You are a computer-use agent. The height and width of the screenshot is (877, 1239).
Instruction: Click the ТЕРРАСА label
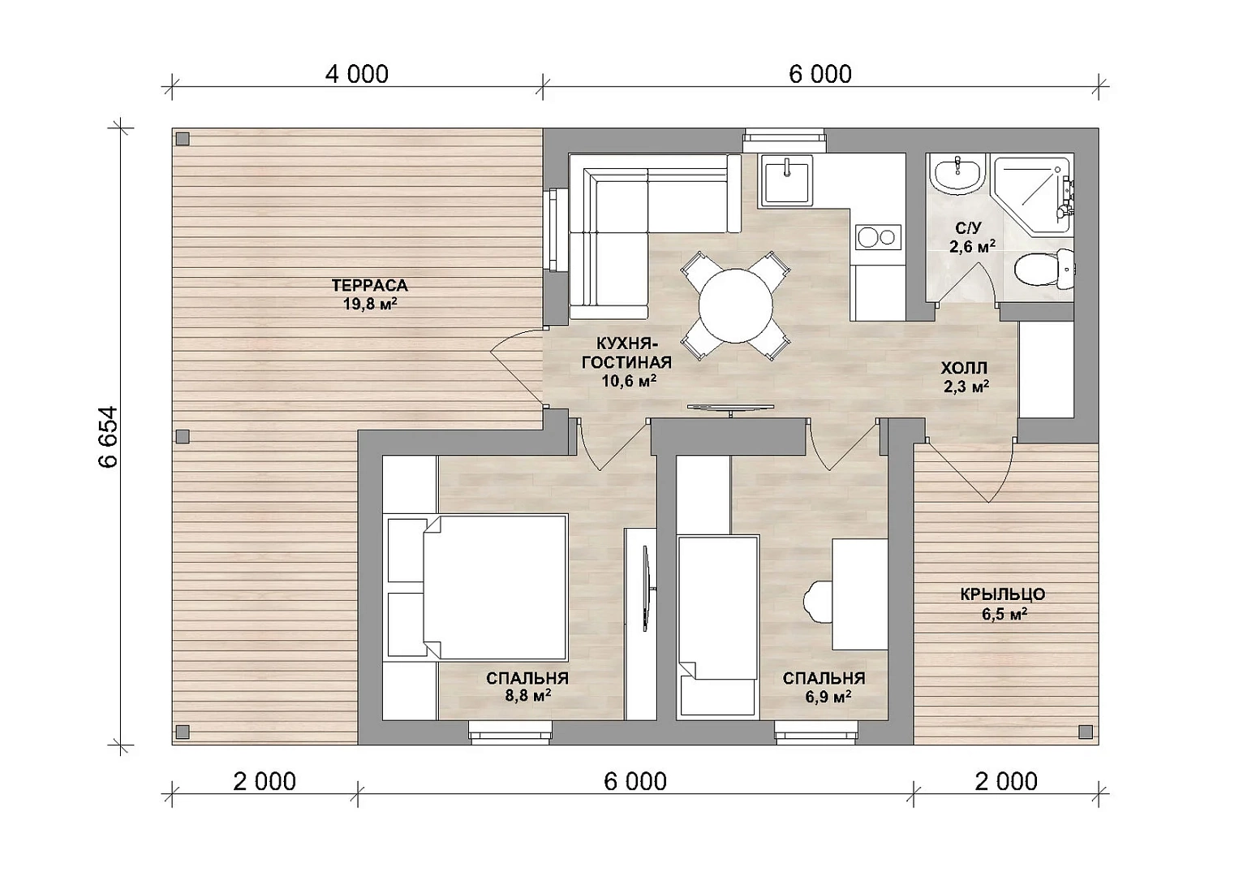(369, 286)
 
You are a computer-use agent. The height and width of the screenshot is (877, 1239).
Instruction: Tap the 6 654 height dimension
(109, 438)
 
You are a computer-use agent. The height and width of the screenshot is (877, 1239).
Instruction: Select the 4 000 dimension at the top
(357, 74)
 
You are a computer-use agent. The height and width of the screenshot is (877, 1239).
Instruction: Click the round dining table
(736, 305)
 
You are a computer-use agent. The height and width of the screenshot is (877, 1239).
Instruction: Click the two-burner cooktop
(879, 237)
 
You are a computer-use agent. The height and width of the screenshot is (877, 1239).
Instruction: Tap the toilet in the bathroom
(1045, 269)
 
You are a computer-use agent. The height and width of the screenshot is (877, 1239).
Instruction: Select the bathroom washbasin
(957, 173)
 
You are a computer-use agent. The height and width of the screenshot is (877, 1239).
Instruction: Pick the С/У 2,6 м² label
(972, 238)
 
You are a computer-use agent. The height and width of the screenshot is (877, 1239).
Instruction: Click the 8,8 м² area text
(527, 695)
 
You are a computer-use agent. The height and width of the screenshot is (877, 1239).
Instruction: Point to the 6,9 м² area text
(828, 696)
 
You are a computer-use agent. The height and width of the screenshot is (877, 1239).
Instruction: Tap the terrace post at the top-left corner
(183, 138)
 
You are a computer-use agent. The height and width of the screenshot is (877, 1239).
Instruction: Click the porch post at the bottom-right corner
(1085, 732)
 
